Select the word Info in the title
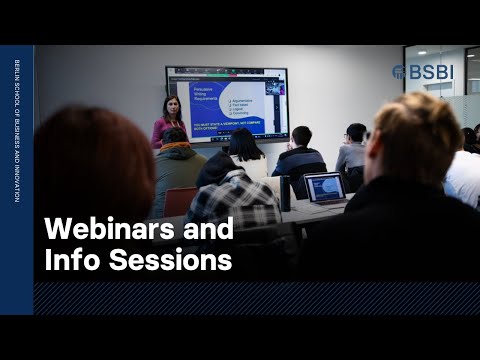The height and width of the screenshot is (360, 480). [69, 261]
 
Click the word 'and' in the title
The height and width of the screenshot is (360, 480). [207, 230]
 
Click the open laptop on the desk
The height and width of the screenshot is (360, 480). [324, 187]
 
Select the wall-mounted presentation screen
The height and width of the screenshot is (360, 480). [227, 104]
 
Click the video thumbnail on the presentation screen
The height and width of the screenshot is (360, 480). [274, 87]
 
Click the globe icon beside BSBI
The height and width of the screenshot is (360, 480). [398, 72]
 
